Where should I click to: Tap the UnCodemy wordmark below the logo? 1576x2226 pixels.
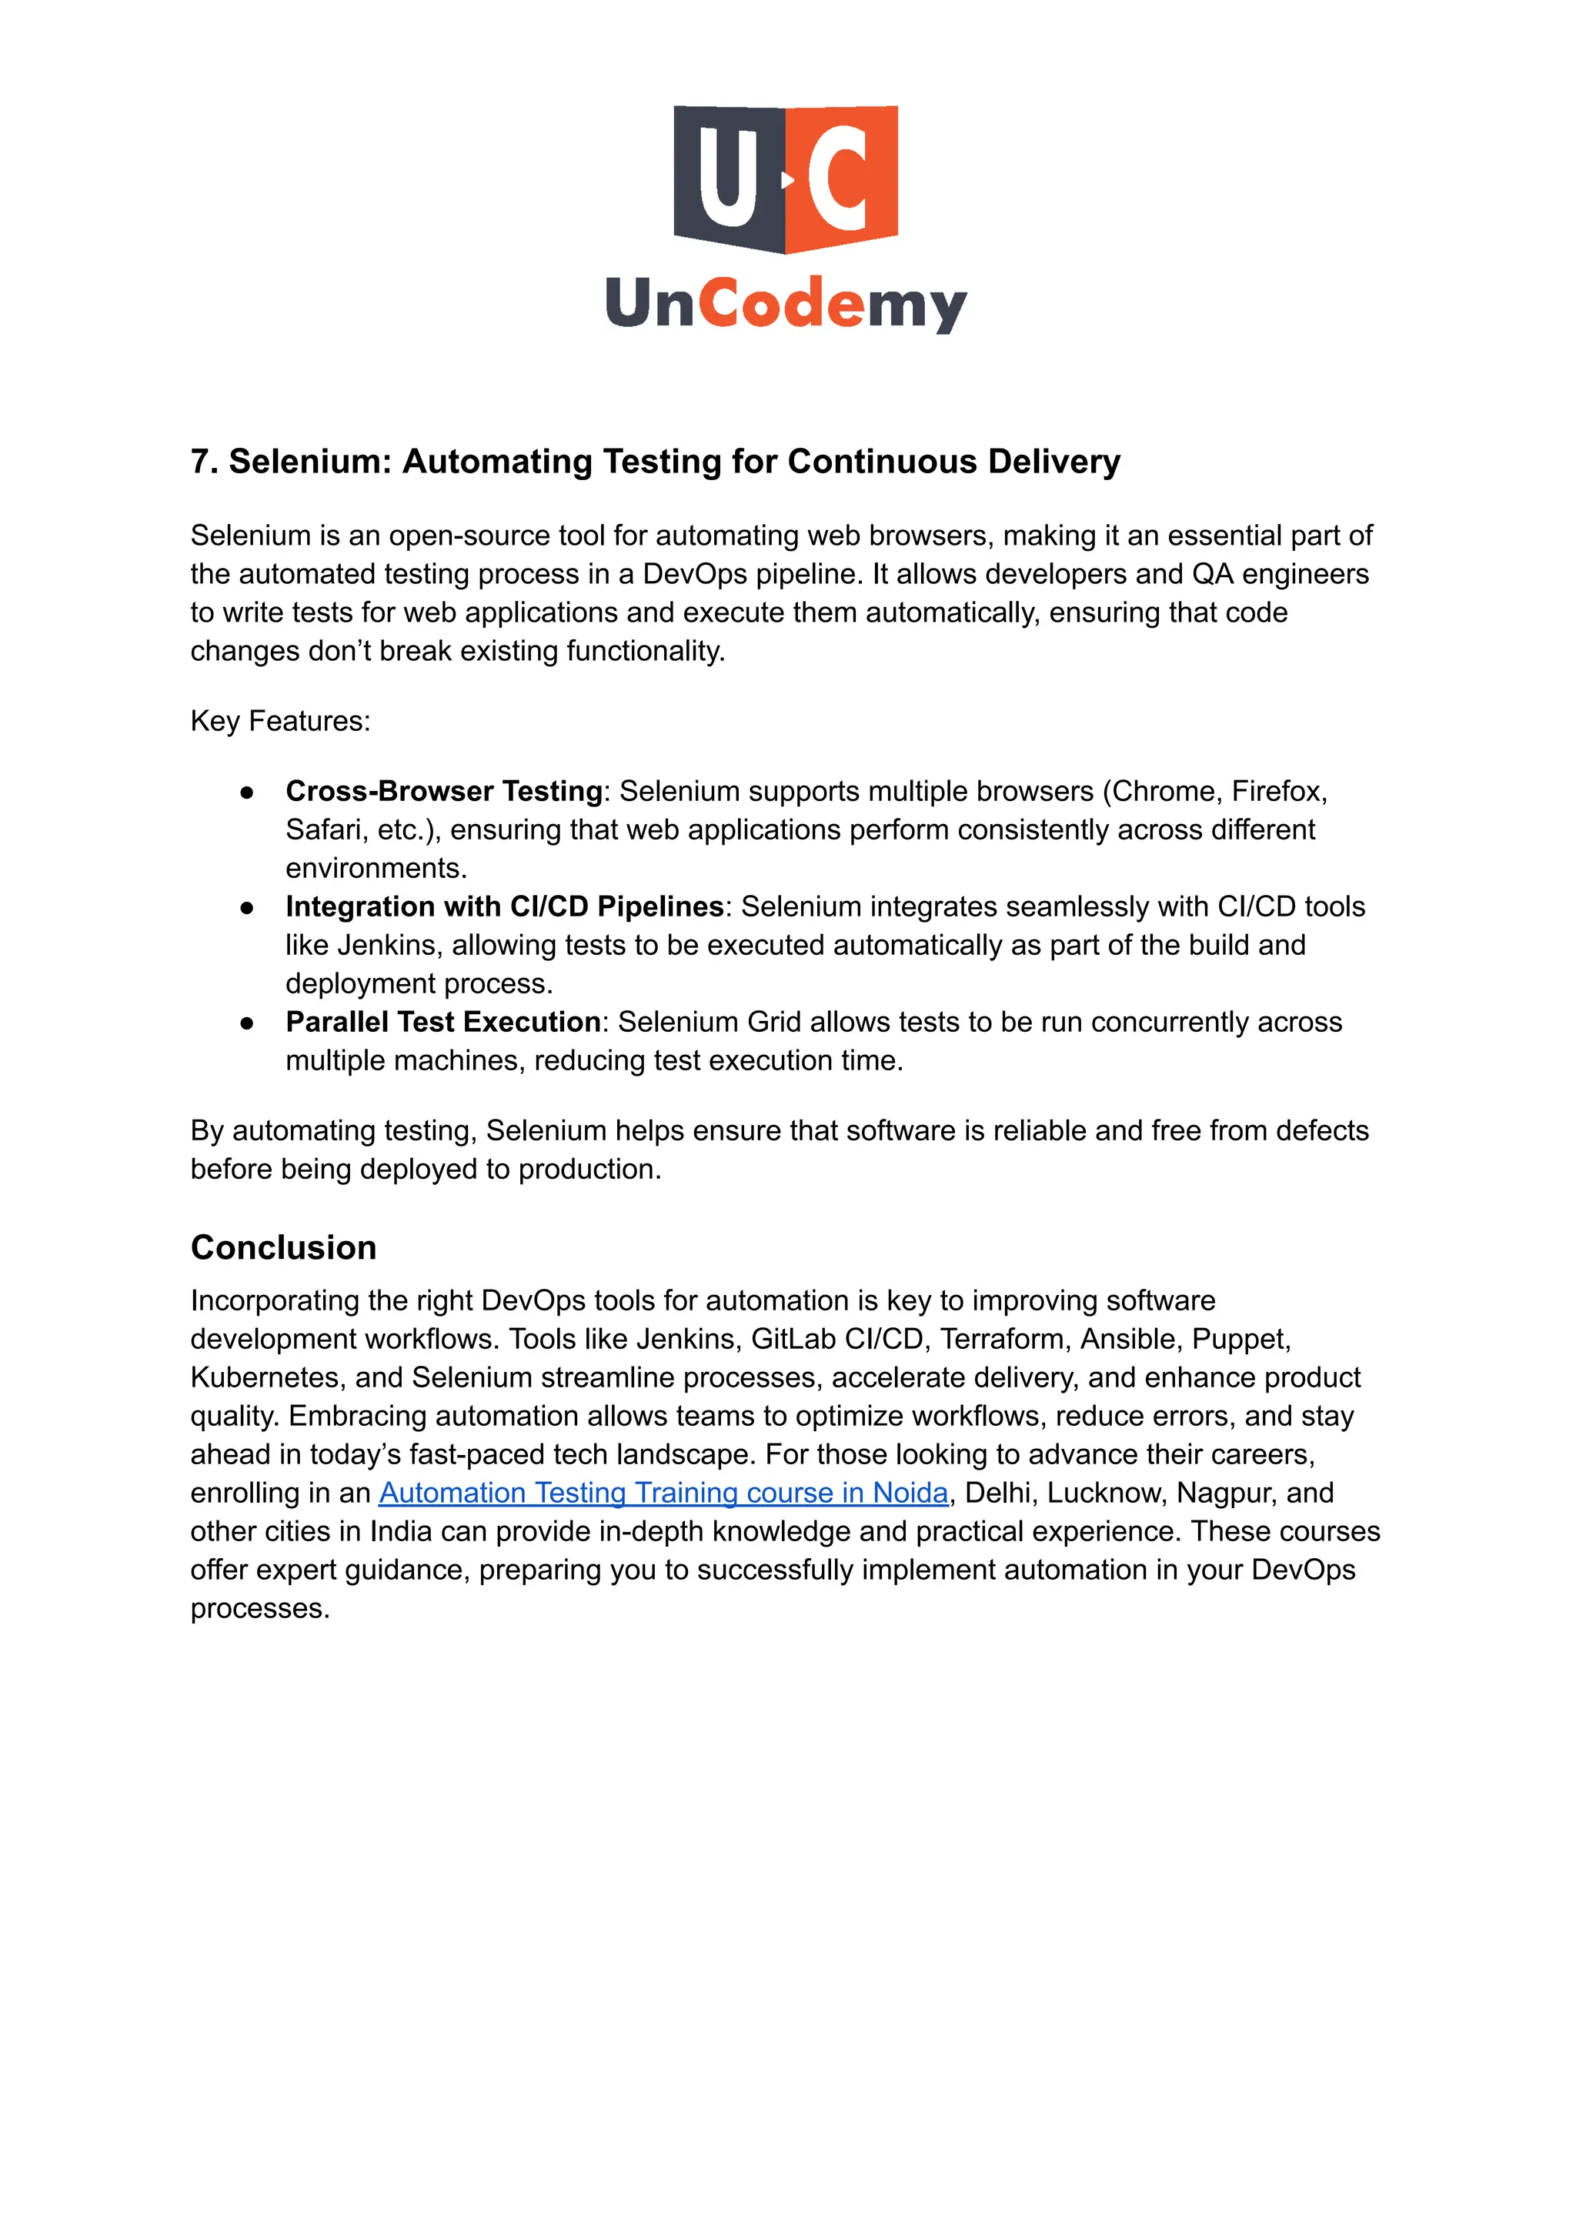tap(786, 304)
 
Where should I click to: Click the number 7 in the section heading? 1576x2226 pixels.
tap(200, 462)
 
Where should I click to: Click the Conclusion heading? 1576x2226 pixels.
tap(283, 1248)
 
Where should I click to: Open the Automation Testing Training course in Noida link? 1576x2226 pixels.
tap(663, 1493)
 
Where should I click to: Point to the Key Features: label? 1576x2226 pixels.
tap(280, 721)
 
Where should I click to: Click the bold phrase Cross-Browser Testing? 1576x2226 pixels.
tap(443, 792)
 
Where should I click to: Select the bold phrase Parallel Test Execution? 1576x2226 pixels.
tap(442, 1023)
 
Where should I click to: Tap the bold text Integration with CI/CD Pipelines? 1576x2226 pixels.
tap(505, 907)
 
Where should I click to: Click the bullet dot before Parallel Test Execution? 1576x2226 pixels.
tap(248, 1023)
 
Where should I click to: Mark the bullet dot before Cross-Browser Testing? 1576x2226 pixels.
tap(248, 792)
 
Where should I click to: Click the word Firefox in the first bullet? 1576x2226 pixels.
tap(1277, 792)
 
